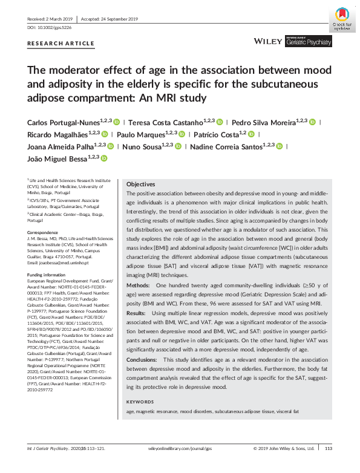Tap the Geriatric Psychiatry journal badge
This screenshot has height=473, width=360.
pos(308,42)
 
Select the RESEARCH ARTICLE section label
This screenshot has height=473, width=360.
pos(61,44)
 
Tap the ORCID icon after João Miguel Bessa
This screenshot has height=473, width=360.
pos(103,158)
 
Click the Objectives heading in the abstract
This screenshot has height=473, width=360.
pos(140,184)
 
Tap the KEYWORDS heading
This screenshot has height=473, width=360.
pos(140,402)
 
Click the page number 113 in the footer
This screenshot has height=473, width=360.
pos(329,465)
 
